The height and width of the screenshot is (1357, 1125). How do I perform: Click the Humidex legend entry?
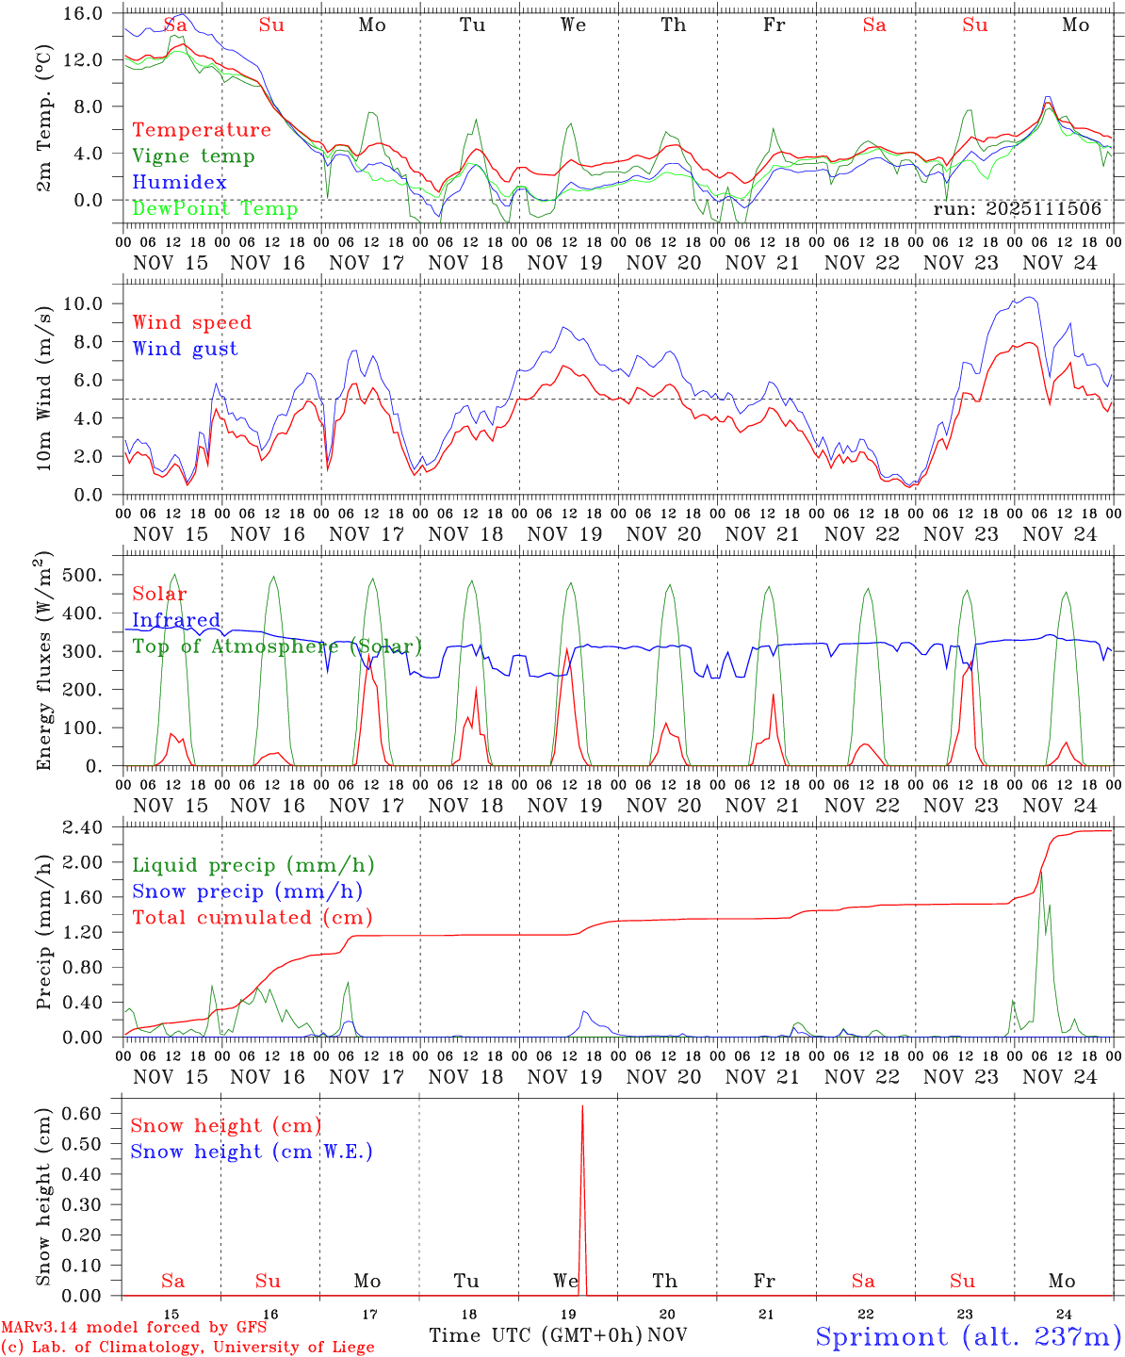click(x=179, y=182)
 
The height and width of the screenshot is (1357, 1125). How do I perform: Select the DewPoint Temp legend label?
click(x=215, y=208)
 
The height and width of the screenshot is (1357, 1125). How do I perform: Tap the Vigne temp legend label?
click(x=193, y=156)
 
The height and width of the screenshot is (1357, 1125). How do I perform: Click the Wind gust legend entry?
click(x=185, y=349)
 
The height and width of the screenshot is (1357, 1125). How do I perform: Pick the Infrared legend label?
click(x=176, y=620)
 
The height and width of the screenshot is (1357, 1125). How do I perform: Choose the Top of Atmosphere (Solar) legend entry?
click(x=276, y=646)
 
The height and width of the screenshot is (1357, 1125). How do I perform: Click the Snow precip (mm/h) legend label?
click(x=247, y=891)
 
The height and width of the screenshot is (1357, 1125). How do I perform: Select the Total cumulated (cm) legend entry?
click(x=252, y=917)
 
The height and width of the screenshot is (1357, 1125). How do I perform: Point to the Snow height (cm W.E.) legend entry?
click(x=251, y=1152)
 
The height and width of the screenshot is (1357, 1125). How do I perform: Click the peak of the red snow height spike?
click(x=582, y=1105)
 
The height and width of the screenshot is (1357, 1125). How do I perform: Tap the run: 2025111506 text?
click(x=1017, y=209)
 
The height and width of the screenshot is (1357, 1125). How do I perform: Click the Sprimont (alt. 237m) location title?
click(x=968, y=1336)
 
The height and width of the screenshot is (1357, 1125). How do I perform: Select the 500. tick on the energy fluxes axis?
click(x=91, y=575)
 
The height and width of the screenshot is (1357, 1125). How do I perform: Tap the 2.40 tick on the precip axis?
click(x=92, y=827)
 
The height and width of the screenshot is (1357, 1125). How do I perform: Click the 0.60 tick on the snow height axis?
click(x=92, y=1113)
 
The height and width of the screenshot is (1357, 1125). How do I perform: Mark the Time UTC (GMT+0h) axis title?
click(x=535, y=1335)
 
